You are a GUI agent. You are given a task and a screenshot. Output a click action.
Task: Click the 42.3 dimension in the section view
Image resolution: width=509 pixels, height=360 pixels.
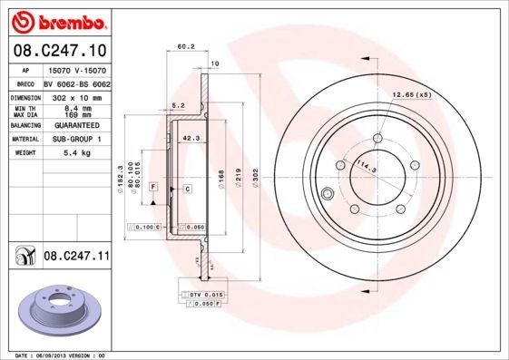pyautogui.click(x=191, y=139)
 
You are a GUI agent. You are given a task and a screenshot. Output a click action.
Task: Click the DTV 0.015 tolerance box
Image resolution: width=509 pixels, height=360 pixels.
pyautogui.click(x=206, y=296)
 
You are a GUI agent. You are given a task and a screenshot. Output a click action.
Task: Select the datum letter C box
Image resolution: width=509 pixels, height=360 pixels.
pyautogui.click(x=187, y=188)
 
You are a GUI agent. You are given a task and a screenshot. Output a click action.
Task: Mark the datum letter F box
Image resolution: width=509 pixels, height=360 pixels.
pyautogui.click(x=153, y=186)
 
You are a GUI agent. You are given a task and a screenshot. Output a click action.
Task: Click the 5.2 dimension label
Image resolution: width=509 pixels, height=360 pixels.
pyautogui.click(x=178, y=106)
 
